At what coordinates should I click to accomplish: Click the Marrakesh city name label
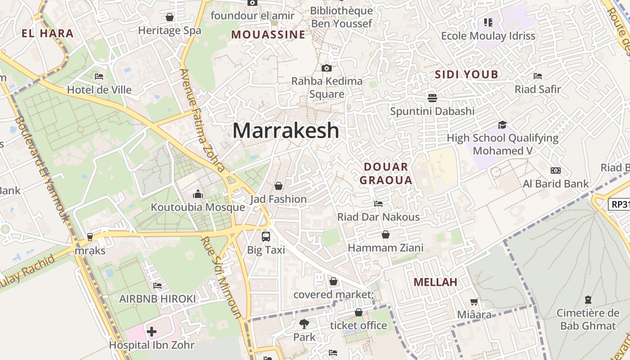click(286, 130)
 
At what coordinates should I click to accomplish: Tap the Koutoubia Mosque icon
click(198, 194)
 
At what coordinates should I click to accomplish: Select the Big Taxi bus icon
click(266, 236)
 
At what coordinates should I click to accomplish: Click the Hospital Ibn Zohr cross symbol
click(152, 332)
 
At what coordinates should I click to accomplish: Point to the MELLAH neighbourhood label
click(435, 282)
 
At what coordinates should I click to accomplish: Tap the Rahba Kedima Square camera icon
click(327, 68)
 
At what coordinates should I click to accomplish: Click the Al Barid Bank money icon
click(555, 171)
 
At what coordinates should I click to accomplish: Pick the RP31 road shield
click(620, 204)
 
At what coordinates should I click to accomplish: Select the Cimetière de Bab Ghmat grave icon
click(588, 300)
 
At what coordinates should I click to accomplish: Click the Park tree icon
click(304, 324)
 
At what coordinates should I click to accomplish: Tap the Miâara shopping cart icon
click(474, 301)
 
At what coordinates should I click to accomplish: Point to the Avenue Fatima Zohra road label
click(202, 121)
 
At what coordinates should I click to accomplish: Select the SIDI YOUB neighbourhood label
click(466, 75)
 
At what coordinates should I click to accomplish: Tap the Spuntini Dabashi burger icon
click(432, 98)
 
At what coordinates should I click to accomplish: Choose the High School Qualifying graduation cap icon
click(502, 125)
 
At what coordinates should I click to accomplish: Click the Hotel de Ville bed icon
click(99, 76)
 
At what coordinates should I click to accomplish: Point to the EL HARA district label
click(47, 33)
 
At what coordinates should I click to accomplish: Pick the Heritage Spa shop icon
click(170, 18)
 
